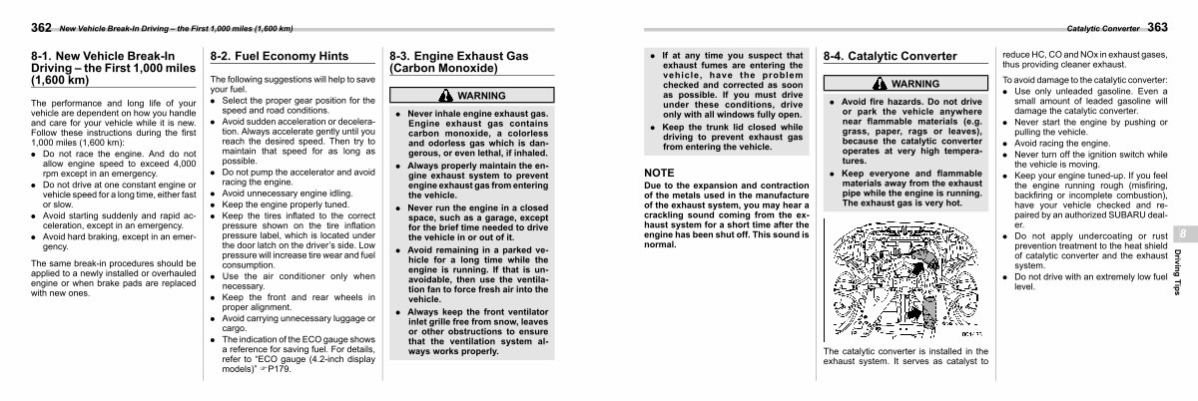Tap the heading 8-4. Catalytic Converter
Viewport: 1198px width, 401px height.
tap(890, 57)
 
